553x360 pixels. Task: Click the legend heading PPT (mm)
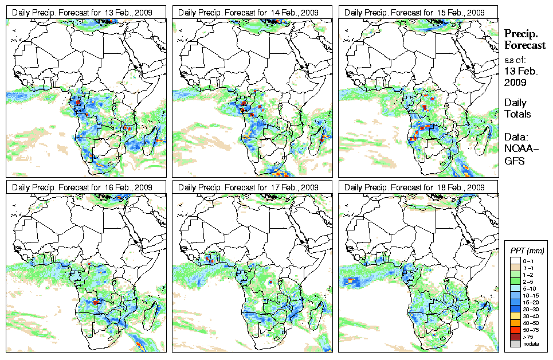pos(527,251)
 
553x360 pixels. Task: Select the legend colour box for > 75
pos(515,336)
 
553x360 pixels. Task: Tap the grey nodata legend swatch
pos(515,343)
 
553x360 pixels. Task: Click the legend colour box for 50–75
pos(515,330)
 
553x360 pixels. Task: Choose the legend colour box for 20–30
pos(515,308)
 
